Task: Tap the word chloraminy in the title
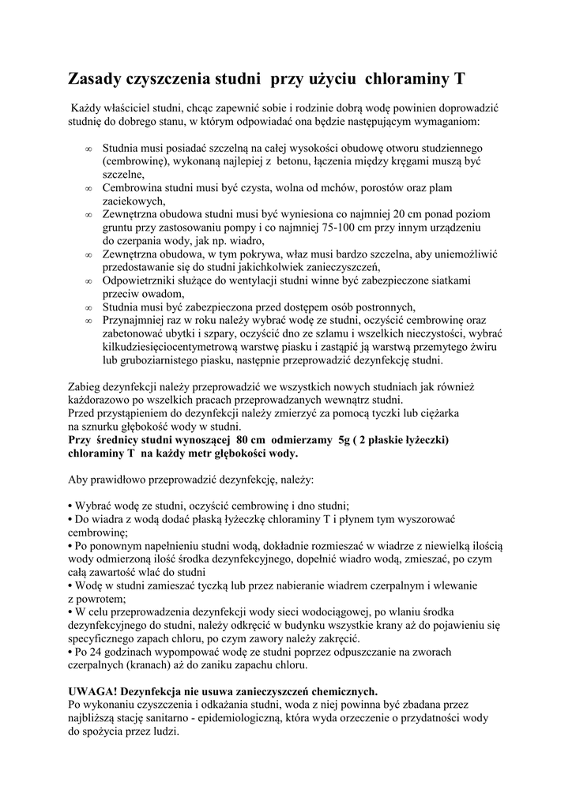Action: coord(409,79)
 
